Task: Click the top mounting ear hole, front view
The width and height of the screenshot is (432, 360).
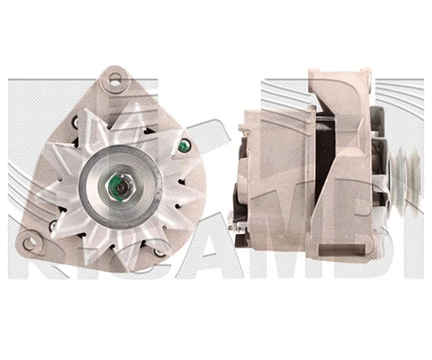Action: click(x=113, y=79)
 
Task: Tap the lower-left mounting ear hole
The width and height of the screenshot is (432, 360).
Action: click(x=30, y=241)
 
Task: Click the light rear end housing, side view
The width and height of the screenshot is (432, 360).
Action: click(x=279, y=180)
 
